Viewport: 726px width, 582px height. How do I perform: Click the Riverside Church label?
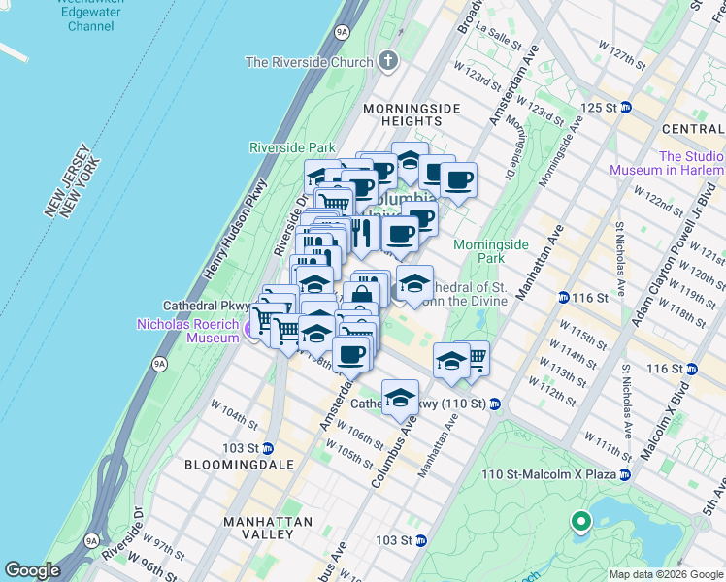pos(310,62)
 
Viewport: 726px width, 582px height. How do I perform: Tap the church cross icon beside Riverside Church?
pos(388,62)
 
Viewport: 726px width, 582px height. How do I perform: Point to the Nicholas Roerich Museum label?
pos(187,331)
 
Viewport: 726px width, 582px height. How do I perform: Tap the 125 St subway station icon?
pos(626,107)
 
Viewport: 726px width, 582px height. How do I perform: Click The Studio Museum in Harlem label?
pos(666,163)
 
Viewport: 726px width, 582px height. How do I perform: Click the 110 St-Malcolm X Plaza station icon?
pos(625,474)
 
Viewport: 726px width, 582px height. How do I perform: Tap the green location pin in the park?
pos(581,523)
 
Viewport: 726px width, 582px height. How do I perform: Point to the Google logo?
pos(32,570)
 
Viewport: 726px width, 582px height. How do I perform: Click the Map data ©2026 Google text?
pos(665,574)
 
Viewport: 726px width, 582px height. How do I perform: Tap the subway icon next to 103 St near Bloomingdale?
pos(268,448)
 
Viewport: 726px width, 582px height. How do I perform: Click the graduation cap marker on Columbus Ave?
pos(400,397)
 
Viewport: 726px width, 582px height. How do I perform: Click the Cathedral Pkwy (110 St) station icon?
pos(494,404)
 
